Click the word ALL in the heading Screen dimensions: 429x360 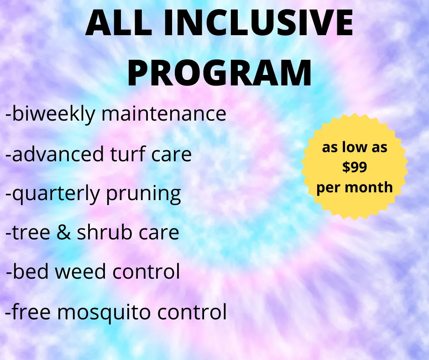(119, 22)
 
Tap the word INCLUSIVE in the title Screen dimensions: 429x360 (258, 22)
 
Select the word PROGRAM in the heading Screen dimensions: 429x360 (220, 73)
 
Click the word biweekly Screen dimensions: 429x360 (54, 114)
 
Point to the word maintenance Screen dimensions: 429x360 (164, 113)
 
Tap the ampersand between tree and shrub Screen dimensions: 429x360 (63, 232)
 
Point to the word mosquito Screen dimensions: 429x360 (104, 312)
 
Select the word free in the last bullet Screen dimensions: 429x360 (31, 311)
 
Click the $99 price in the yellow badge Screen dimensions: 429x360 (355, 167)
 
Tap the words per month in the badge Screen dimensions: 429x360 (355, 188)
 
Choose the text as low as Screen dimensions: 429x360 (355, 147)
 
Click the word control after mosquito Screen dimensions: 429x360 (192, 311)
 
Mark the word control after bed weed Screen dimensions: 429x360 (146, 271)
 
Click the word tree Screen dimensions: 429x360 (31, 233)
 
